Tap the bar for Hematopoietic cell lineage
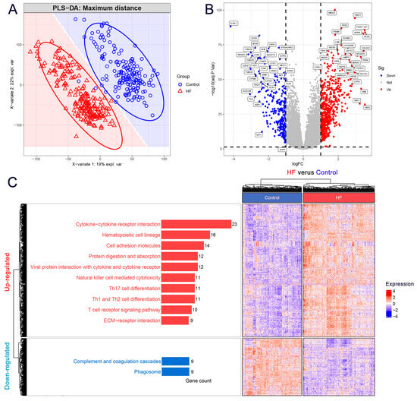click(x=185, y=235)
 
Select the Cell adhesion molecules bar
click(x=182, y=245)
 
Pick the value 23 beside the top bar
click(x=235, y=224)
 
